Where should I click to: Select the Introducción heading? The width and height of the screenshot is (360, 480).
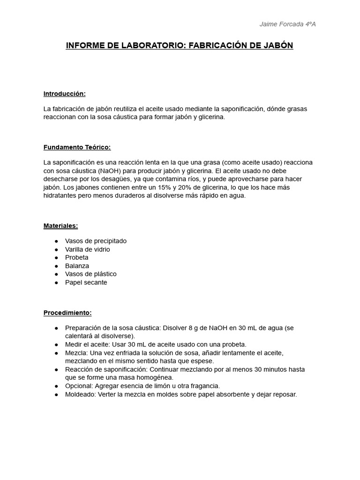tap(64, 94)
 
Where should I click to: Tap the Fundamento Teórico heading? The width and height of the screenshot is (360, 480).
tap(77, 147)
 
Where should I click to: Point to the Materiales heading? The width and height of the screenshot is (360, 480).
tap(60, 225)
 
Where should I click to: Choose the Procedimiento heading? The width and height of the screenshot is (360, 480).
tap(67, 313)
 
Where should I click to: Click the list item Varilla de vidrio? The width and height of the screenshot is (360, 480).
tap(87, 249)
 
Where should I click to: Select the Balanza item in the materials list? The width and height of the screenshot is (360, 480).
tap(77, 266)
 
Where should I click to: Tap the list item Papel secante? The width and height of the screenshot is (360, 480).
tap(86, 282)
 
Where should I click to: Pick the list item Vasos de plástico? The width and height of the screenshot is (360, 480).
tap(90, 274)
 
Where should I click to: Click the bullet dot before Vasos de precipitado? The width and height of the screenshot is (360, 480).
tap(56, 241)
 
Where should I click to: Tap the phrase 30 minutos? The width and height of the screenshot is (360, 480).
tap(272, 369)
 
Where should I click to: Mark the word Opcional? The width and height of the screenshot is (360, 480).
tap(78, 386)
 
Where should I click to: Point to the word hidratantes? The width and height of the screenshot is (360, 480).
tap(60, 195)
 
